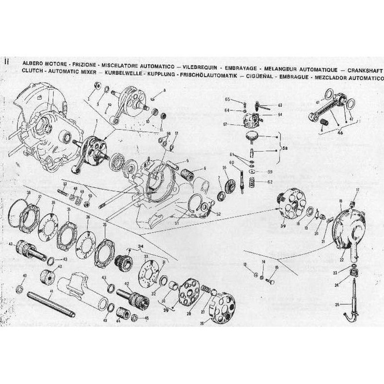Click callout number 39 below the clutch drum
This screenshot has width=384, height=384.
pos(283,227)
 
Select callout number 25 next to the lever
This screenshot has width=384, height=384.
pos(338,304)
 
